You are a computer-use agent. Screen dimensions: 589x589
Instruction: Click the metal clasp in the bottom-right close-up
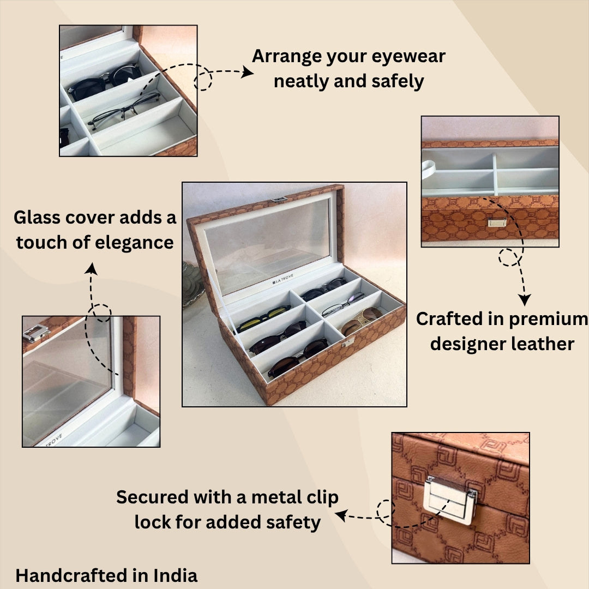450,500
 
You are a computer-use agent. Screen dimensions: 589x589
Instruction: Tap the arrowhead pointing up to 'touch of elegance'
91,268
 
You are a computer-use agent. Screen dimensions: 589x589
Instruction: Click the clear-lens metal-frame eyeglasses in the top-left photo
125,109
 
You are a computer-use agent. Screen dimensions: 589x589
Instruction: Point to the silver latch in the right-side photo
496,222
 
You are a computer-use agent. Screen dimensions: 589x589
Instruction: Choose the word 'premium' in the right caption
551,319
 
